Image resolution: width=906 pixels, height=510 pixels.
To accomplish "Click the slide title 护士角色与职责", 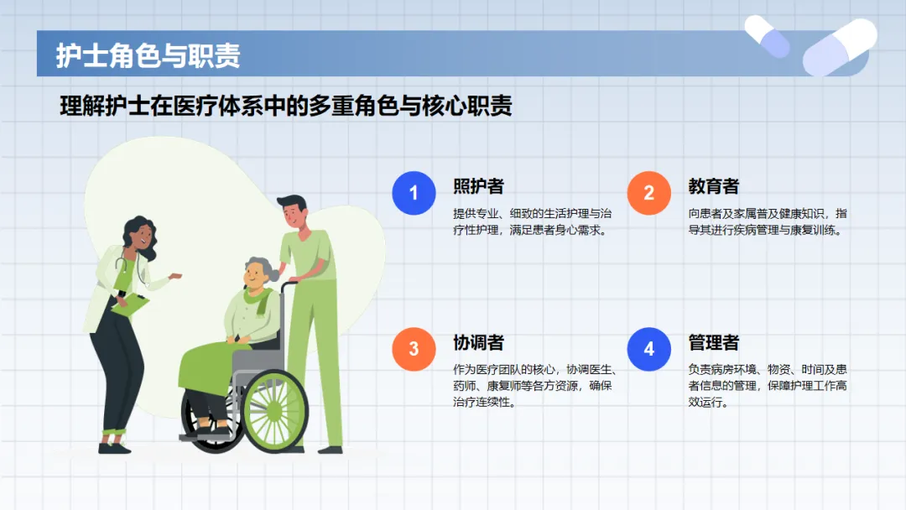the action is pos(148,55).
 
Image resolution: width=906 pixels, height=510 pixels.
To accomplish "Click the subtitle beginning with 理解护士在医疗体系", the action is pos(286,106).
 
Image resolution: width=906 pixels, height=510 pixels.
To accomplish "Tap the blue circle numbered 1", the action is pos(414,193).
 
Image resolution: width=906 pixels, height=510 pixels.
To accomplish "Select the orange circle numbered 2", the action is pos(648,193).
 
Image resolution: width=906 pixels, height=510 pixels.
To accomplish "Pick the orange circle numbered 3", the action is pos(414,349).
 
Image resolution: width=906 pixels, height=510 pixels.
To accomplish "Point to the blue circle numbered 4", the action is pos(648,349).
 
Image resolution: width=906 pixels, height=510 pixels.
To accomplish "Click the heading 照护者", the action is pos(478,186).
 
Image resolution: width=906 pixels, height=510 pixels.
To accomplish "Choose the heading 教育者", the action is pos(714,186).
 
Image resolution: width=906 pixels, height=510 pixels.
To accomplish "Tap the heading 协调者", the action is pos(478,342).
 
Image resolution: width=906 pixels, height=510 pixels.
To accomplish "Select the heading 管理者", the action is pos(714,342).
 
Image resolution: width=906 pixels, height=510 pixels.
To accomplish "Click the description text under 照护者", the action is pos(532,221).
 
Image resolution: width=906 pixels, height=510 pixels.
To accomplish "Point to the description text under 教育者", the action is pos(768,221).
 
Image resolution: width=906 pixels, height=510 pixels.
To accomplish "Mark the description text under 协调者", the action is pos(534,385).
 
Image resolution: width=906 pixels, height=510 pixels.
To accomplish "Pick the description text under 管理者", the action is pos(768,385).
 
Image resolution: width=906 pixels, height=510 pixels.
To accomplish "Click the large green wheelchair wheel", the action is pos(274,411).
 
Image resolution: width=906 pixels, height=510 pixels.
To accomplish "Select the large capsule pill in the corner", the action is pos(840,47).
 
